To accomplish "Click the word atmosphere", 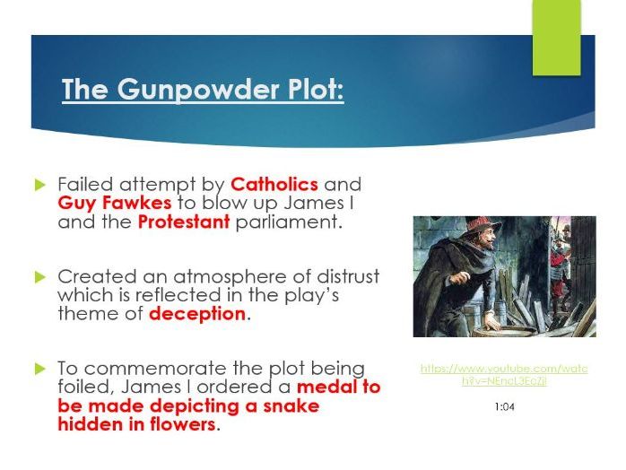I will pyautogui.click(x=221, y=276).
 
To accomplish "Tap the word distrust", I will pyautogui.click(x=343, y=276).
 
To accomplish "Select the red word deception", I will pyautogui.click(x=196, y=314).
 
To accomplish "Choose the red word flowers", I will pyautogui.click(x=178, y=424).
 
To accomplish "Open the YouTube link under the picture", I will pyautogui.click(x=503, y=375).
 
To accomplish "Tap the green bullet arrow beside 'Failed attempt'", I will pyautogui.click(x=39, y=185).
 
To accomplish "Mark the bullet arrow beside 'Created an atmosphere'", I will pyautogui.click(x=39, y=276).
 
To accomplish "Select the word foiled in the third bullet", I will pyautogui.click(x=83, y=387).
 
